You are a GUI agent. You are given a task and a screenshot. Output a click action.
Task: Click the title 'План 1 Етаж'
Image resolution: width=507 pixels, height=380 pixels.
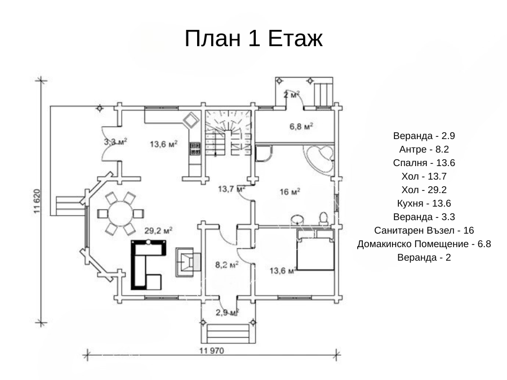[253, 38]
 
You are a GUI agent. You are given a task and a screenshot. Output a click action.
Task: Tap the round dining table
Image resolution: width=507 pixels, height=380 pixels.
[121, 213]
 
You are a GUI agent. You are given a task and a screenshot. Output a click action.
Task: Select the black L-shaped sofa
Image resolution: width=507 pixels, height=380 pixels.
[148, 265]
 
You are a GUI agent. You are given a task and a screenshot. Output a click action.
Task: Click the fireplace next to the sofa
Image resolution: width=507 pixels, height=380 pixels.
[188, 262]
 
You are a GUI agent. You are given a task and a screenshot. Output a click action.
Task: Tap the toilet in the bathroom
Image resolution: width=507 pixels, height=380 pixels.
[323, 219]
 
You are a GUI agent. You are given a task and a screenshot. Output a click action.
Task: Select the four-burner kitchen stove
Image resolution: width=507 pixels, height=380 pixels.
[195, 149]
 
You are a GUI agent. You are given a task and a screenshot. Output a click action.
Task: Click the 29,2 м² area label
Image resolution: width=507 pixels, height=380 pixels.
[158, 230]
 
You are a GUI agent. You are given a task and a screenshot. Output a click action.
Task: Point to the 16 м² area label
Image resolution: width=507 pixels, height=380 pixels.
[290, 192]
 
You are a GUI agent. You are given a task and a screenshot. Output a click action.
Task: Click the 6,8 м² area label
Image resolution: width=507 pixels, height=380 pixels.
[301, 126]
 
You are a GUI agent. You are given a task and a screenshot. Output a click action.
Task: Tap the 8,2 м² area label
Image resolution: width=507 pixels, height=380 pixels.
[227, 265]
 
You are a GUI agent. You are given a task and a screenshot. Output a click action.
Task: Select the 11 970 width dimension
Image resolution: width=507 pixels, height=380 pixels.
[212, 351]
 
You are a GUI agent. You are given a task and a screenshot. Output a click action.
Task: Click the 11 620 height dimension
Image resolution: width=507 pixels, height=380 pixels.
[37, 201]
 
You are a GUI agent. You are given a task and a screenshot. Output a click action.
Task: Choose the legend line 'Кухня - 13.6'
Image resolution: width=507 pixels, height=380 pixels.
[424, 203]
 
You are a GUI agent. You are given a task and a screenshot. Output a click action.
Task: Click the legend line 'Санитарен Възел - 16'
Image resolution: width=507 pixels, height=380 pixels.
[424, 230]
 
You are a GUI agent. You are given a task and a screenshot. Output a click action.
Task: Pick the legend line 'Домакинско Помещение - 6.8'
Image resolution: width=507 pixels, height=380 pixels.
[424, 244]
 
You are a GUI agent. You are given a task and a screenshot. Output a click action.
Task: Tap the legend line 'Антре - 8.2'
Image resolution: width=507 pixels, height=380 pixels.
[424, 149]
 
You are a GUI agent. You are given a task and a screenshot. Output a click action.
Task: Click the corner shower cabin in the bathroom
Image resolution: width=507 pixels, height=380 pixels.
[264, 153]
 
